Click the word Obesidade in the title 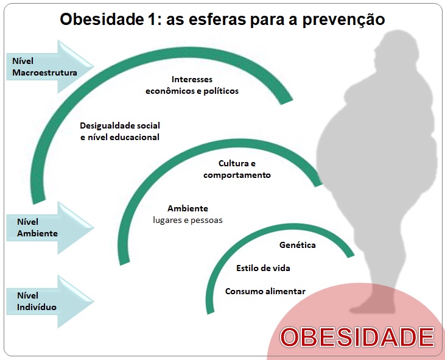pyautogui.click(x=102, y=19)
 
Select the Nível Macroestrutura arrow pyautogui.click(x=51, y=67)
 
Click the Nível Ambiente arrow pyautogui.click(x=51, y=228)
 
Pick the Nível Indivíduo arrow pyautogui.click(x=51, y=302)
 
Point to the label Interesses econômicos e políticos pyautogui.click(x=192, y=85)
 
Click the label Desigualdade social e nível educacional pyautogui.click(x=120, y=131)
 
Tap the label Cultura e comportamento pyautogui.click(x=237, y=169)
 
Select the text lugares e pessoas pyautogui.click(x=187, y=221)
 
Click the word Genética pyautogui.click(x=298, y=245)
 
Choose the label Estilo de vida pyautogui.click(x=263, y=268)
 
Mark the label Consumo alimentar pyautogui.click(x=265, y=291)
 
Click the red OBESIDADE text pyautogui.click(x=357, y=337)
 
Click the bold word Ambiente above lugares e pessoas pyautogui.click(x=187, y=208)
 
